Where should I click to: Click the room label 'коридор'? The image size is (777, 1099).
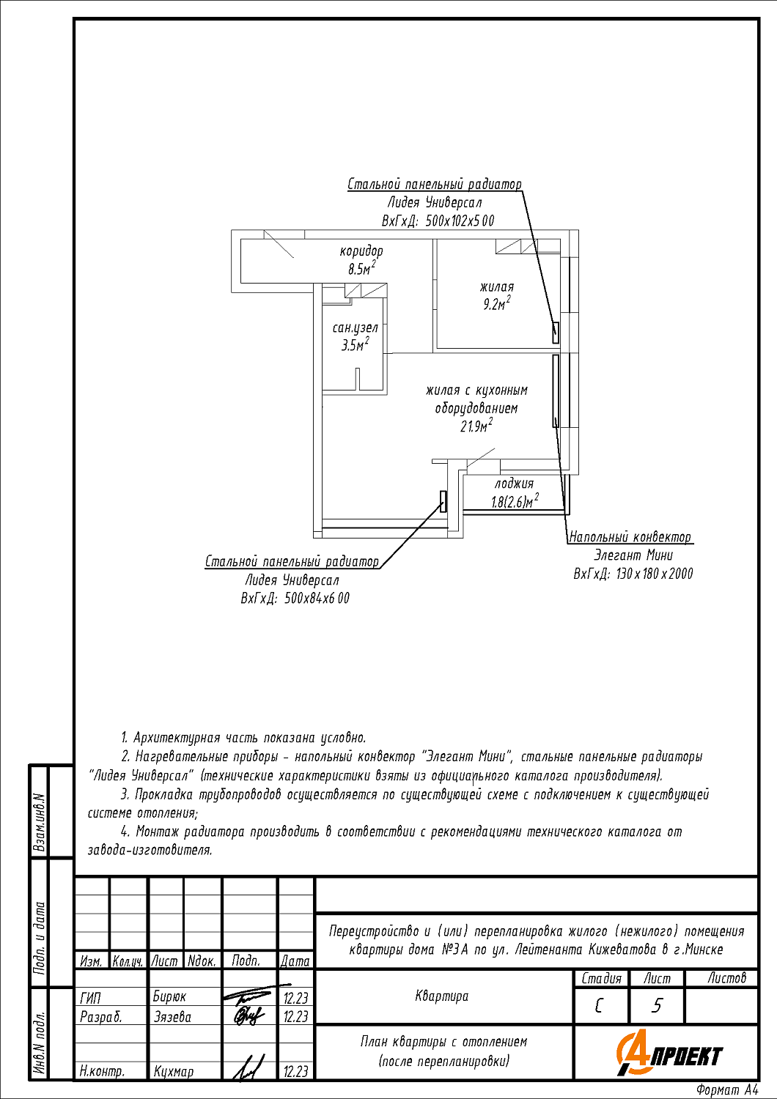361,251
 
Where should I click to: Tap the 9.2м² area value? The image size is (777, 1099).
496,304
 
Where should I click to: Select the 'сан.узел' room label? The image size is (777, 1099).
355,328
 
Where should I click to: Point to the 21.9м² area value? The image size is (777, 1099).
476,426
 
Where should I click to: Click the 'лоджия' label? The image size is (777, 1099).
514,484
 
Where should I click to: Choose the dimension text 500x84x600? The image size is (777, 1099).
317,599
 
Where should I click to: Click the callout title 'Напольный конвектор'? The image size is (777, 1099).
630,537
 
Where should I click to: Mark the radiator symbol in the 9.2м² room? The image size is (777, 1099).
556,333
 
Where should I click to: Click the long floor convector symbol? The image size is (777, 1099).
556,391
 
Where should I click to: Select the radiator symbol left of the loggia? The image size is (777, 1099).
443,501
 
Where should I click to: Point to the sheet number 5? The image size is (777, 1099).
657,1005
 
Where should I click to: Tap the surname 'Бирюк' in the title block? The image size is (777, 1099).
169,997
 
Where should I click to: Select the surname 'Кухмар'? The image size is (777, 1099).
174,1071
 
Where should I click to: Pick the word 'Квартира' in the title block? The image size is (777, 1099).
441,996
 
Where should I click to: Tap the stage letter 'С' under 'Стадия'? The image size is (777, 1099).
600,1005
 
